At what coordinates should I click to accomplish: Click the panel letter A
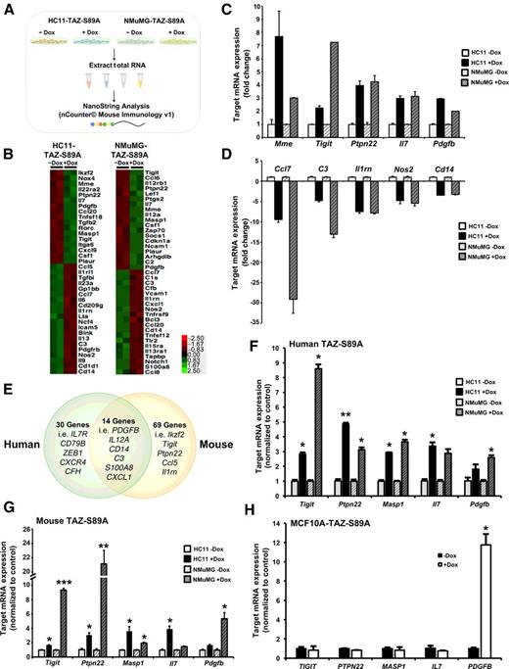7,9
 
